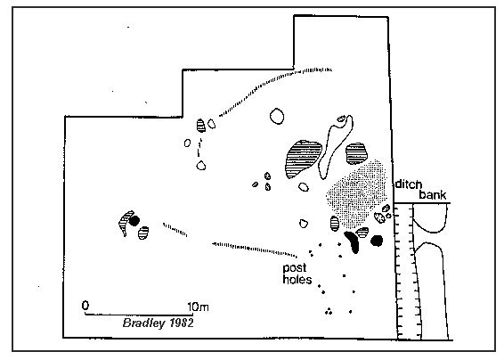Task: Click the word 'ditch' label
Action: [x=408, y=184]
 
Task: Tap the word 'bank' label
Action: [x=433, y=194]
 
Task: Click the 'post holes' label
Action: [x=297, y=274]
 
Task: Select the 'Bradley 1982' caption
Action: [x=159, y=323]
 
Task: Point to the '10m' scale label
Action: [x=199, y=307]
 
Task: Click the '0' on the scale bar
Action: [x=85, y=305]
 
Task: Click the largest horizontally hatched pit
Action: [x=303, y=159]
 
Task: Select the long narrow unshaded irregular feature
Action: [x=334, y=146]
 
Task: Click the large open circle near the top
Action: [x=277, y=116]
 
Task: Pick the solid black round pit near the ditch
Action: [x=377, y=241]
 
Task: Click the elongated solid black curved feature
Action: [x=353, y=241]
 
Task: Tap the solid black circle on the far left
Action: [x=134, y=221]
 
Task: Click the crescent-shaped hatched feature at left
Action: [x=124, y=222]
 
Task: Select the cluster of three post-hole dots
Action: [x=329, y=311]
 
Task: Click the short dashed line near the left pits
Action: [x=175, y=229]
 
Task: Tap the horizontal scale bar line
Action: [x=139, y=315]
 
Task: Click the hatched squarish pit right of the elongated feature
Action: [x=356, y=154]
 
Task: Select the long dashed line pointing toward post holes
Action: [x=255, y=249]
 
